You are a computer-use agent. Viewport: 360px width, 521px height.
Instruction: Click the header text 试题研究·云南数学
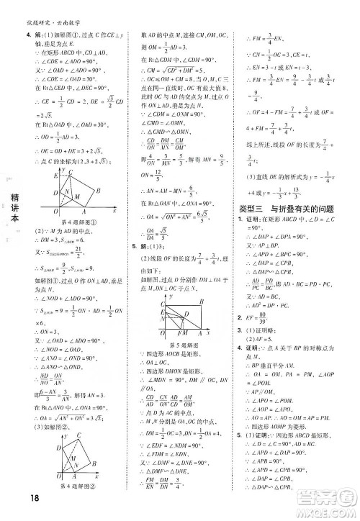point(46,6)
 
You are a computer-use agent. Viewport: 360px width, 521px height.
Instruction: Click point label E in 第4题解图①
point(50,175)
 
